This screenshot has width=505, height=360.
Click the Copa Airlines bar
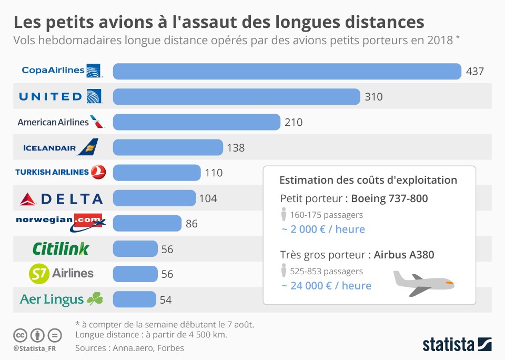[287, 71]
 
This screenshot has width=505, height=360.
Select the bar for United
[236, 96]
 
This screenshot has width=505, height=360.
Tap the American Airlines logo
[60, 122]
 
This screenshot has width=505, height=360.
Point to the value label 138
[236, 148]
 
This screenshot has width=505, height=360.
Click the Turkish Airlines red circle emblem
[98, 172]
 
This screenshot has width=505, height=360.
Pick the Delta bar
[154, 198]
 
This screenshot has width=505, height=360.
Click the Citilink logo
[60, 248]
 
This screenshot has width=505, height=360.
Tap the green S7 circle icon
[39, 274]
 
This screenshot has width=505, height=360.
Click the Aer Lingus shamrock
[95, 299]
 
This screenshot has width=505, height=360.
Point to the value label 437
[474, 72]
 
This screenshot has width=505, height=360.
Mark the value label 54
[166, 300]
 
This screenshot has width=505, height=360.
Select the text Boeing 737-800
[389, 198]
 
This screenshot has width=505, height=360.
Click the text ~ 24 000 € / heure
[326, 286]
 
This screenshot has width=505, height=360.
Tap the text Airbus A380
[404, 255]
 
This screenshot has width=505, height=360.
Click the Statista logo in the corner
[457, 345]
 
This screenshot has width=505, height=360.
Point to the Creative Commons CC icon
[21, 335]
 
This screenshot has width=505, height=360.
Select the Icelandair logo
[60, 147]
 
